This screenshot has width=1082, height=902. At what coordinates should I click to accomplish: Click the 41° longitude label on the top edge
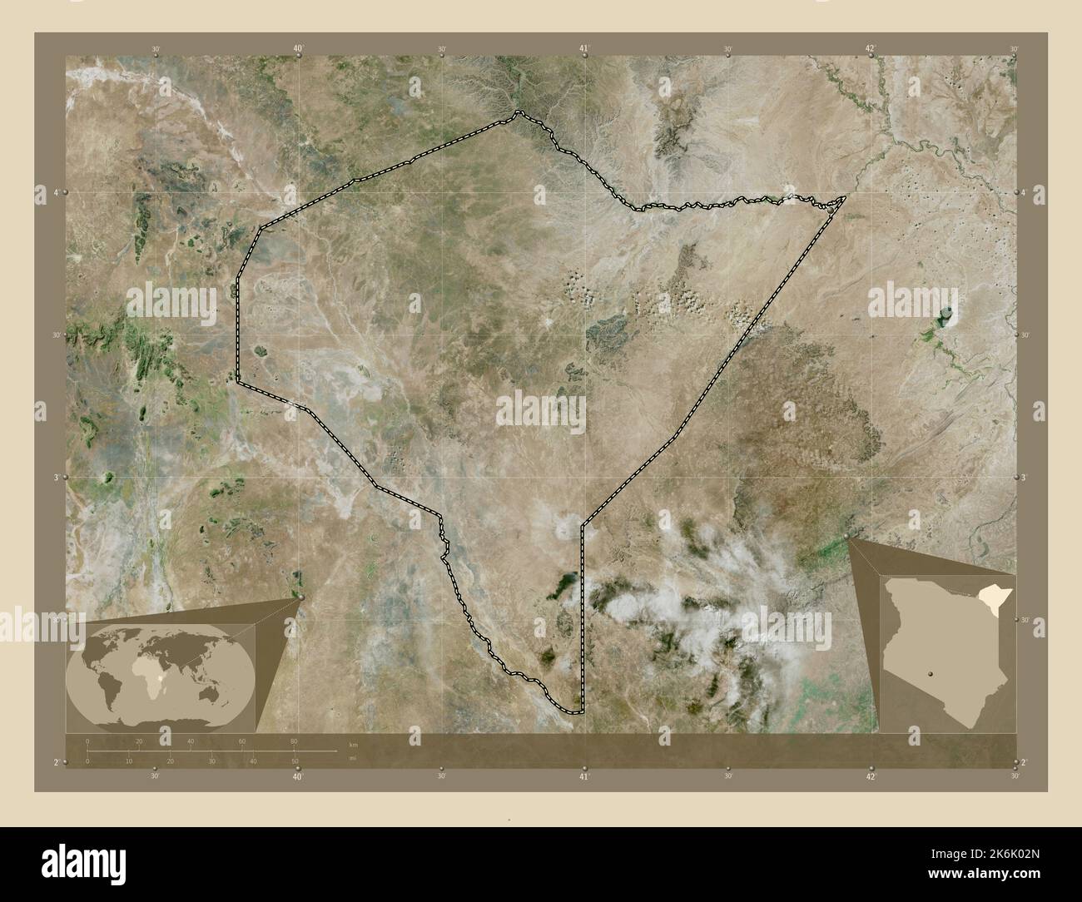point(584,49)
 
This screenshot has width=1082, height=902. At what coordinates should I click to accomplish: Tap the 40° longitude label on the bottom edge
point(297,776)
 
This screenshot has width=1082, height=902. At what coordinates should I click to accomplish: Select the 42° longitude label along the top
point(870,49)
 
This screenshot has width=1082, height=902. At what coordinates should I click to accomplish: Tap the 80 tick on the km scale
point(294,741)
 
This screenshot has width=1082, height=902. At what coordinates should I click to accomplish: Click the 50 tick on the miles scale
point(295,761)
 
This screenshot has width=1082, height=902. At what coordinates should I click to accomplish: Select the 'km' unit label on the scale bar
point(353,744)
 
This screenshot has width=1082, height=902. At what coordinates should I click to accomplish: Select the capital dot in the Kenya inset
point(931,675)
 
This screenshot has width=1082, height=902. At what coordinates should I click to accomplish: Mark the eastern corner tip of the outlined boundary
point(846,197)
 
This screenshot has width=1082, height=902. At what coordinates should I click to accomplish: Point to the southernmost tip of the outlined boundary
point(574,712)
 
